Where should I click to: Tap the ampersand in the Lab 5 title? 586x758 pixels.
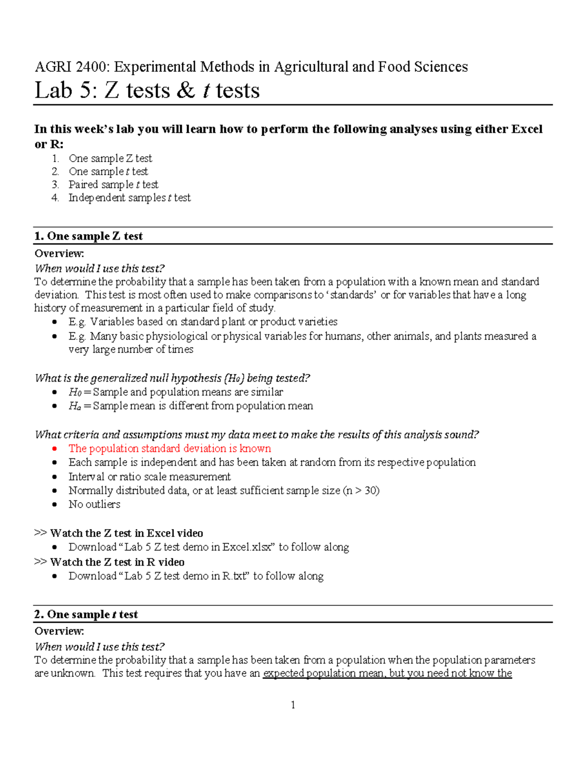pyautogui.click(x=186, y=91)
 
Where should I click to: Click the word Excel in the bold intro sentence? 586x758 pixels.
pyautogui.click(x=526, y=129)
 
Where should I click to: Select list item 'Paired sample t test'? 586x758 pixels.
pyautogui.click(x=113, y=184)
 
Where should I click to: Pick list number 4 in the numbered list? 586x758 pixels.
pyautogui.click(x=55, y=198)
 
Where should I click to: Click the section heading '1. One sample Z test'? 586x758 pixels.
pyautogui.click(x=88, y=236)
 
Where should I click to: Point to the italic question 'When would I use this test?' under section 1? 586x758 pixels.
pyautogui.click(x=100, y=268)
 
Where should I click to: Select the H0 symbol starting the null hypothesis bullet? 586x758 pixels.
pyautogui.click(x=75, y=392)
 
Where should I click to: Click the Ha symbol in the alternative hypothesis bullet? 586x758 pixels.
pyautogui.click(x=75, y=406)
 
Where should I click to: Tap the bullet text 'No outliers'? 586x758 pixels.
pyautogui.click(x=94, y=504)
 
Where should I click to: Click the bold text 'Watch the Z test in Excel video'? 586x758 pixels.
pyautogui.click(x=126, y=533)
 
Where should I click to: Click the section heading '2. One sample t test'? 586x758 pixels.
pyautogui.click(x=86, y=615)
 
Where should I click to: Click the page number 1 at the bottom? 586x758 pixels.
pyautogui.click(x=293, y=705)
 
